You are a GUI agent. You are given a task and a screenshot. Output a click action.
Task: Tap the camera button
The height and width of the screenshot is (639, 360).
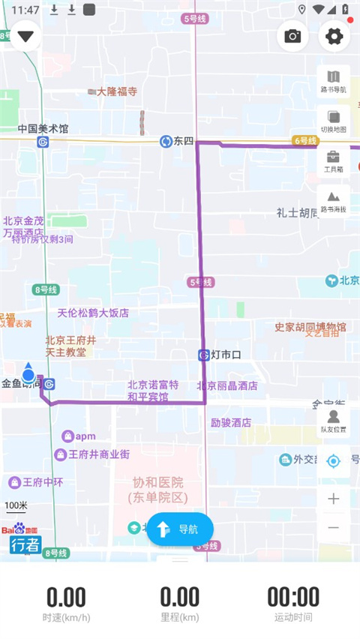pos(292,36)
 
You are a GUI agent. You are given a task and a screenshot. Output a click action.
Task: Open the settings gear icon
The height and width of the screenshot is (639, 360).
pos(334,36)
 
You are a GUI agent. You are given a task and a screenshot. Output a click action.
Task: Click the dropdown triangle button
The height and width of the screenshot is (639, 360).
pos(26,36)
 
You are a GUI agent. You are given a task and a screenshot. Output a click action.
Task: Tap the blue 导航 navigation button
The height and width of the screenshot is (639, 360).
pos(180,529)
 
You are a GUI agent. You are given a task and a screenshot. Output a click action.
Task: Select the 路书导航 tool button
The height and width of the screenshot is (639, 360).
pos(333,81)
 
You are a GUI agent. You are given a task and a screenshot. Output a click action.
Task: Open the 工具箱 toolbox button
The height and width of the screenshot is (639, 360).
pos(333,160)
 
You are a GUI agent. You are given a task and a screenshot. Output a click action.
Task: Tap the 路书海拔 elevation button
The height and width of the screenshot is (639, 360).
pos(333,200)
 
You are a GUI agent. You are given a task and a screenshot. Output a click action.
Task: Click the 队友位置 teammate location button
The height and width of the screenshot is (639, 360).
pos(333,421)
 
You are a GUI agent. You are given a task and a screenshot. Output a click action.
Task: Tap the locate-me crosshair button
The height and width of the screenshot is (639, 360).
pos(334,460)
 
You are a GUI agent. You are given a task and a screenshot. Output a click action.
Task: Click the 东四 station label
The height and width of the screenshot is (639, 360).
pos(183,141)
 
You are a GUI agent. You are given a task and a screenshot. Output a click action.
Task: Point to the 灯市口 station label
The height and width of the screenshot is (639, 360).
pos(224,355)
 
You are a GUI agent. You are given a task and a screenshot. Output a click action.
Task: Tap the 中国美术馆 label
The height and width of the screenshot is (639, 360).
pos(43,129)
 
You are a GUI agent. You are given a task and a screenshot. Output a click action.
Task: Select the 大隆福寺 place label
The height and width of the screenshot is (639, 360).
pos(117,91)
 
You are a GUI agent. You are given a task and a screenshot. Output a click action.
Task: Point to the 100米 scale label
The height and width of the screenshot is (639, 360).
pos(16,505)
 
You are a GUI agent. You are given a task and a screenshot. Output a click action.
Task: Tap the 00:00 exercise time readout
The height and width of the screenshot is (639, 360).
pos(293,597)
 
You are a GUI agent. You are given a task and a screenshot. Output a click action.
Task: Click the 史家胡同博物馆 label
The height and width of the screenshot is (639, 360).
pos(310,327)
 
